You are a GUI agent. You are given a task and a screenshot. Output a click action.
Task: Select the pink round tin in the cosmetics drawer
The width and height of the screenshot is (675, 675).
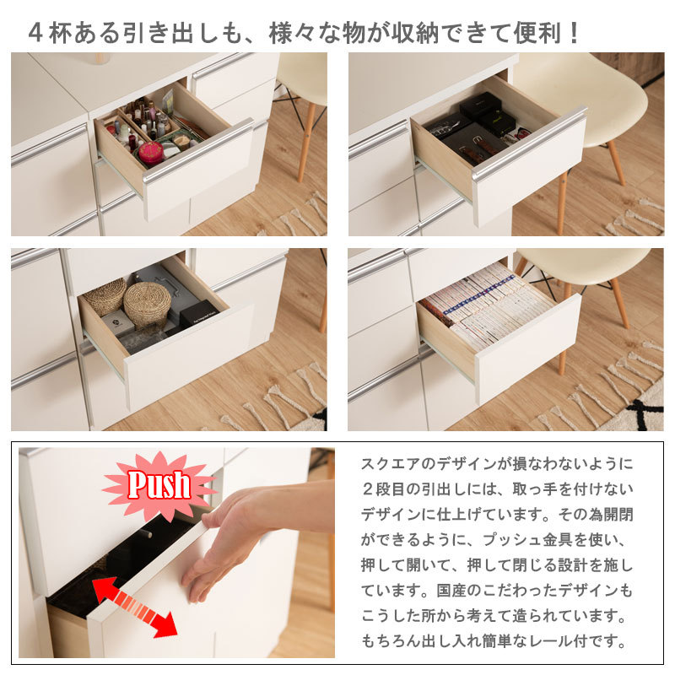[x=151, y=153]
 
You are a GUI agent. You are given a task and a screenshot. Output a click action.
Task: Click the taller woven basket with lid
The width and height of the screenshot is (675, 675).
[x=147, y=304]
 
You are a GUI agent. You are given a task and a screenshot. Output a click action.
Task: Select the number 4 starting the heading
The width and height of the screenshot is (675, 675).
[x=35, y=33]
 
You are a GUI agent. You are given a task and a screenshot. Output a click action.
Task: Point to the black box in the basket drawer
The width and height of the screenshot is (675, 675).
[x=199, y=313]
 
